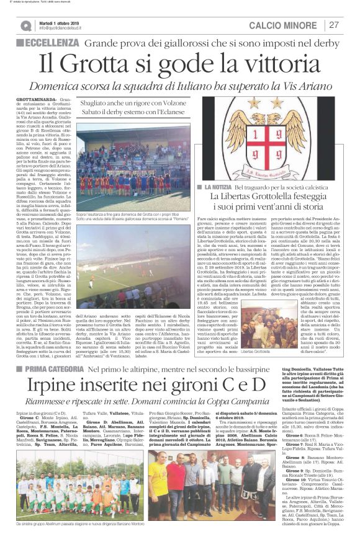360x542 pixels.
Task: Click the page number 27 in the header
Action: pyautogui.click(x=334, y=25)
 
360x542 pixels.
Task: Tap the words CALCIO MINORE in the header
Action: pyautogui.click(x=284, y=25)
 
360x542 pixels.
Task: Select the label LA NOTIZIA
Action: pyautogui.click(x=220, y=187)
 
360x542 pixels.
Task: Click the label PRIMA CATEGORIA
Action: pyautogui.click(x=51, y=352)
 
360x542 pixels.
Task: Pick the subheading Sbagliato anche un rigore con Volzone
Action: pyautogui.click(x=132, y=102)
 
